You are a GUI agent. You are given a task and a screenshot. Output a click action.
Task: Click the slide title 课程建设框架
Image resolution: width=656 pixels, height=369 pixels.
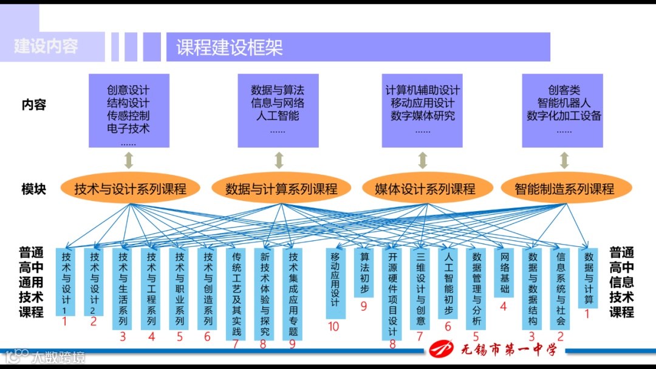click(230, 47)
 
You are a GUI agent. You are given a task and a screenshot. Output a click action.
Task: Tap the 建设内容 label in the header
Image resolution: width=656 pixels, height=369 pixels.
click(46, 46)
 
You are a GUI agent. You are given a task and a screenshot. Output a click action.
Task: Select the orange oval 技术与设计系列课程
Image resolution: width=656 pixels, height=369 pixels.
click(131, 189)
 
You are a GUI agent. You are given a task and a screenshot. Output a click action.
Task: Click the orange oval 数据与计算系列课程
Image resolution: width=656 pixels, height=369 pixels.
click(281, 189)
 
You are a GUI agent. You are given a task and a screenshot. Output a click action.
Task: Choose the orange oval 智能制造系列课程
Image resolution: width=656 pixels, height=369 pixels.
click(564, 189)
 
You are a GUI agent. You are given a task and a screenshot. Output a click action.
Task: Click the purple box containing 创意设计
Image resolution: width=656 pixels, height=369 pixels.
click(129, 110)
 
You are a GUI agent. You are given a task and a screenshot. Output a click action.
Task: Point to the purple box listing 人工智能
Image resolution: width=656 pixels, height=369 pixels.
click(278, 110)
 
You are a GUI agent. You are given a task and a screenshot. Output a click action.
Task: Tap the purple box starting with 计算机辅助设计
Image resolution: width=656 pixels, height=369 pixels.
click(423, 110)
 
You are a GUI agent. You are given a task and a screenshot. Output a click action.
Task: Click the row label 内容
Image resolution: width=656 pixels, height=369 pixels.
click(34, 105)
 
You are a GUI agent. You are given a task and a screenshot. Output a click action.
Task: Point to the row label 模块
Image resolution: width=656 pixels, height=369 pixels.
click(34, 189)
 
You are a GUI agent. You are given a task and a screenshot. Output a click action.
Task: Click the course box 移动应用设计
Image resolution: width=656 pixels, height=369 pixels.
click(335, 283)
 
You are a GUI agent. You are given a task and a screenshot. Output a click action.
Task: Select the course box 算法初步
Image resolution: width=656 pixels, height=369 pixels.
click(364, 273)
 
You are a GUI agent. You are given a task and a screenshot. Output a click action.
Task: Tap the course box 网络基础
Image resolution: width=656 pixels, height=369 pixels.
click(504, 273)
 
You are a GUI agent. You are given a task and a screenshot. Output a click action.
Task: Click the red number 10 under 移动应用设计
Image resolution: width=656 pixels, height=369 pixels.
click(333, 327)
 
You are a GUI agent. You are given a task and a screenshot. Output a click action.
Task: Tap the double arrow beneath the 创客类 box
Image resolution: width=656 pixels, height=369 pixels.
click(564, 160)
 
